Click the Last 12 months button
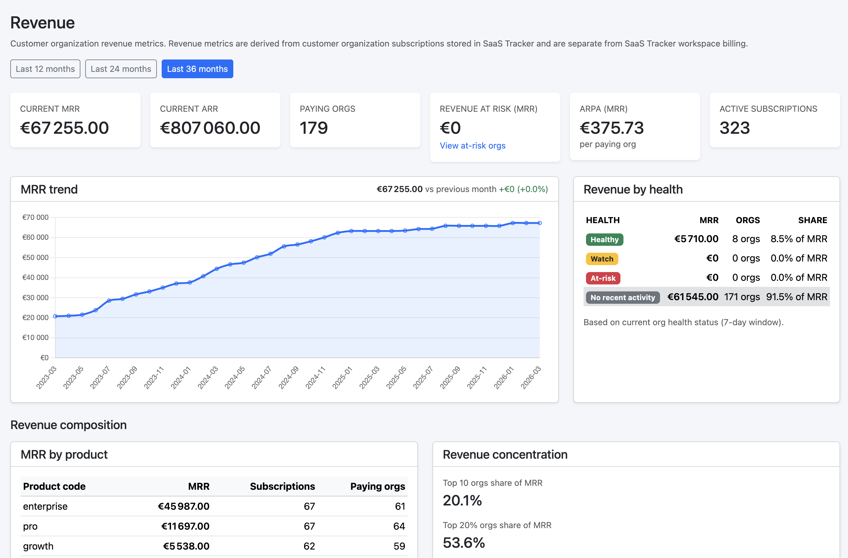tap(45, 69)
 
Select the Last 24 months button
tap(121, 69)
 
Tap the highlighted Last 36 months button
tap(197, 69)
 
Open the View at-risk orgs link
tap(472, 146)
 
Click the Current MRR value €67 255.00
tap(64, 128)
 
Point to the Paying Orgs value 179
tap(314, 128)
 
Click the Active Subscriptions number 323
tap(734, 128)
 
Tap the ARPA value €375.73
tap(611, 128)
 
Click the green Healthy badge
tap(604, 240)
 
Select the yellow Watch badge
tap(601, 259)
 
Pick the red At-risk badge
tap(603, 278)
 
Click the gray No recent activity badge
tap(622, 297)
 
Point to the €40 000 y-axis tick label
tap(35, 277)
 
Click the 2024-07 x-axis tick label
tap(261, 377)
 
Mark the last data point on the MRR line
tap(540, 223)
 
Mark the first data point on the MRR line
tap(55, 316)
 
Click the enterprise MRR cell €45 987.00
tap(183, 506)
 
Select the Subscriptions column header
tap(282, 486)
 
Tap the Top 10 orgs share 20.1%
tap(462, 500)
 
